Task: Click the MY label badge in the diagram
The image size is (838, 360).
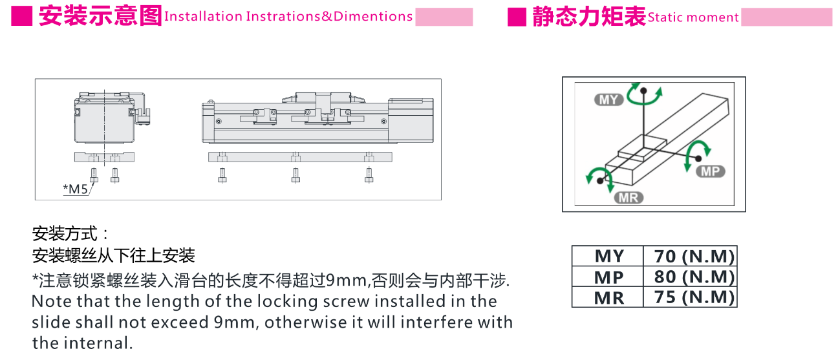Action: click(x=608, y=100)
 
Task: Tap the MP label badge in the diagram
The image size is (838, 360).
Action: click(x=711, y=171)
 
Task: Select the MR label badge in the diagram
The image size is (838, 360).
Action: click(x=628, y=197)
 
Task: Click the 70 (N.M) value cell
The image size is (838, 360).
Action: click(x=690, y=256)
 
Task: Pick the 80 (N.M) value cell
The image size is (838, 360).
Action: click(x=690, y=277)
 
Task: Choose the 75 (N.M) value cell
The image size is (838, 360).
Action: click(x=690, y=297)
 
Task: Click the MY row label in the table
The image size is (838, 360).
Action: click(x=608, y=256)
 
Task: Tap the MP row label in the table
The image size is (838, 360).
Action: click(x=608, y=277)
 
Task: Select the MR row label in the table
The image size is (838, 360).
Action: click(x=608, y=298)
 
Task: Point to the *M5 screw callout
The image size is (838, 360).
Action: click(x=75, y=189)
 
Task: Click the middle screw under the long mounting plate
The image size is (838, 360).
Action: click(x=295, y=175)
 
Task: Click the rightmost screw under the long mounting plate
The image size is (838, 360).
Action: click(x=369, y=175)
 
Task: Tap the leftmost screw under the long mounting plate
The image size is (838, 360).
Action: click(x=222, y=175)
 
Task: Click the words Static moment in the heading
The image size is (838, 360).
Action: click(x=693, y=17)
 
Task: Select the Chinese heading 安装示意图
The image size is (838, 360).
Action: click(x=100, y=16)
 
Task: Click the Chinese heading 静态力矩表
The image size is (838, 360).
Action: click(x=589, y=17)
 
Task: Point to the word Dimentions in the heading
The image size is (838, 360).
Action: click(x=373, y=16)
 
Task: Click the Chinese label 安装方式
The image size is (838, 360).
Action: click(x=65, y=234)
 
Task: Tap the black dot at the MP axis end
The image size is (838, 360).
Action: click(x=698, y=158)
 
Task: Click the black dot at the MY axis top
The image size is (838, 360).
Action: click(x=643, y=90)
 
